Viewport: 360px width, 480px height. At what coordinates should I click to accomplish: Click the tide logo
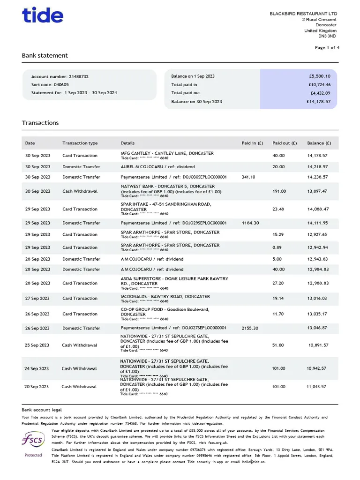tap(43, 15)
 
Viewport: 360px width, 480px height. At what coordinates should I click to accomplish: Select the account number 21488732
tap(79, 76)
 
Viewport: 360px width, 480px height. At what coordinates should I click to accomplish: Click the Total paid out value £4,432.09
tap(320, 93)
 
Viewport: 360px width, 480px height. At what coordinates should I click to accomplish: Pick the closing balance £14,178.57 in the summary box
tap(318, 101)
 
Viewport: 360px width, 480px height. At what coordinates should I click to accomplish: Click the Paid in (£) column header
tap(252, 143)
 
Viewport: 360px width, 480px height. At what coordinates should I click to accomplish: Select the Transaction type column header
tap(80, 143)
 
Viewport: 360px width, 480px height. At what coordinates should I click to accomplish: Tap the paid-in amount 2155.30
tap(250, 328)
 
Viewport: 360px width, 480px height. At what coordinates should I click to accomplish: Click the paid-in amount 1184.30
tap(250, 223)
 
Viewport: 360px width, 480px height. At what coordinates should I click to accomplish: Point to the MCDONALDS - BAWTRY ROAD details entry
tap(165, 297)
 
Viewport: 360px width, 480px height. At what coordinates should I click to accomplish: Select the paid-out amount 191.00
tap(278, 191)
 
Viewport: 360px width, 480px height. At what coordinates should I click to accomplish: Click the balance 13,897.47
tap(317, 191)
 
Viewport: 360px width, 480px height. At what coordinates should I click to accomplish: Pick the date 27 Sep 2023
tap(37, 299)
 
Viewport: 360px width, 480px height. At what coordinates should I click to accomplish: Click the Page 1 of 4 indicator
tap(327, 48)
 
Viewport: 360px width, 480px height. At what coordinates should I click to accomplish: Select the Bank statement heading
tap(45, 55)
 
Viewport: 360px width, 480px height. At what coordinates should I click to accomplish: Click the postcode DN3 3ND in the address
tap(327, 36)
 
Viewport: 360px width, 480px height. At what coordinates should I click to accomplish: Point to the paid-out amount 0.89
tap(277, 247)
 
